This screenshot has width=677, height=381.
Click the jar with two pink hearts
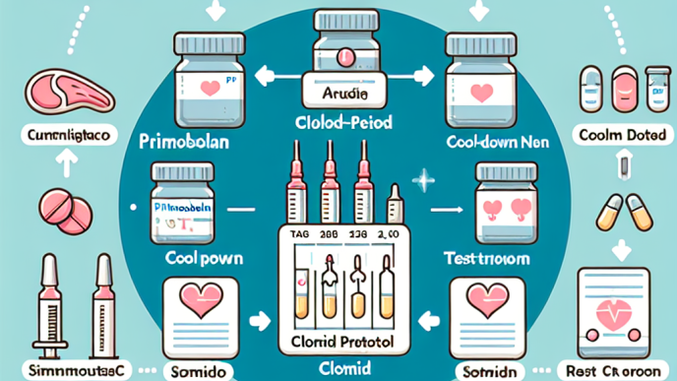pyautogui.click(x=505, y=203)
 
